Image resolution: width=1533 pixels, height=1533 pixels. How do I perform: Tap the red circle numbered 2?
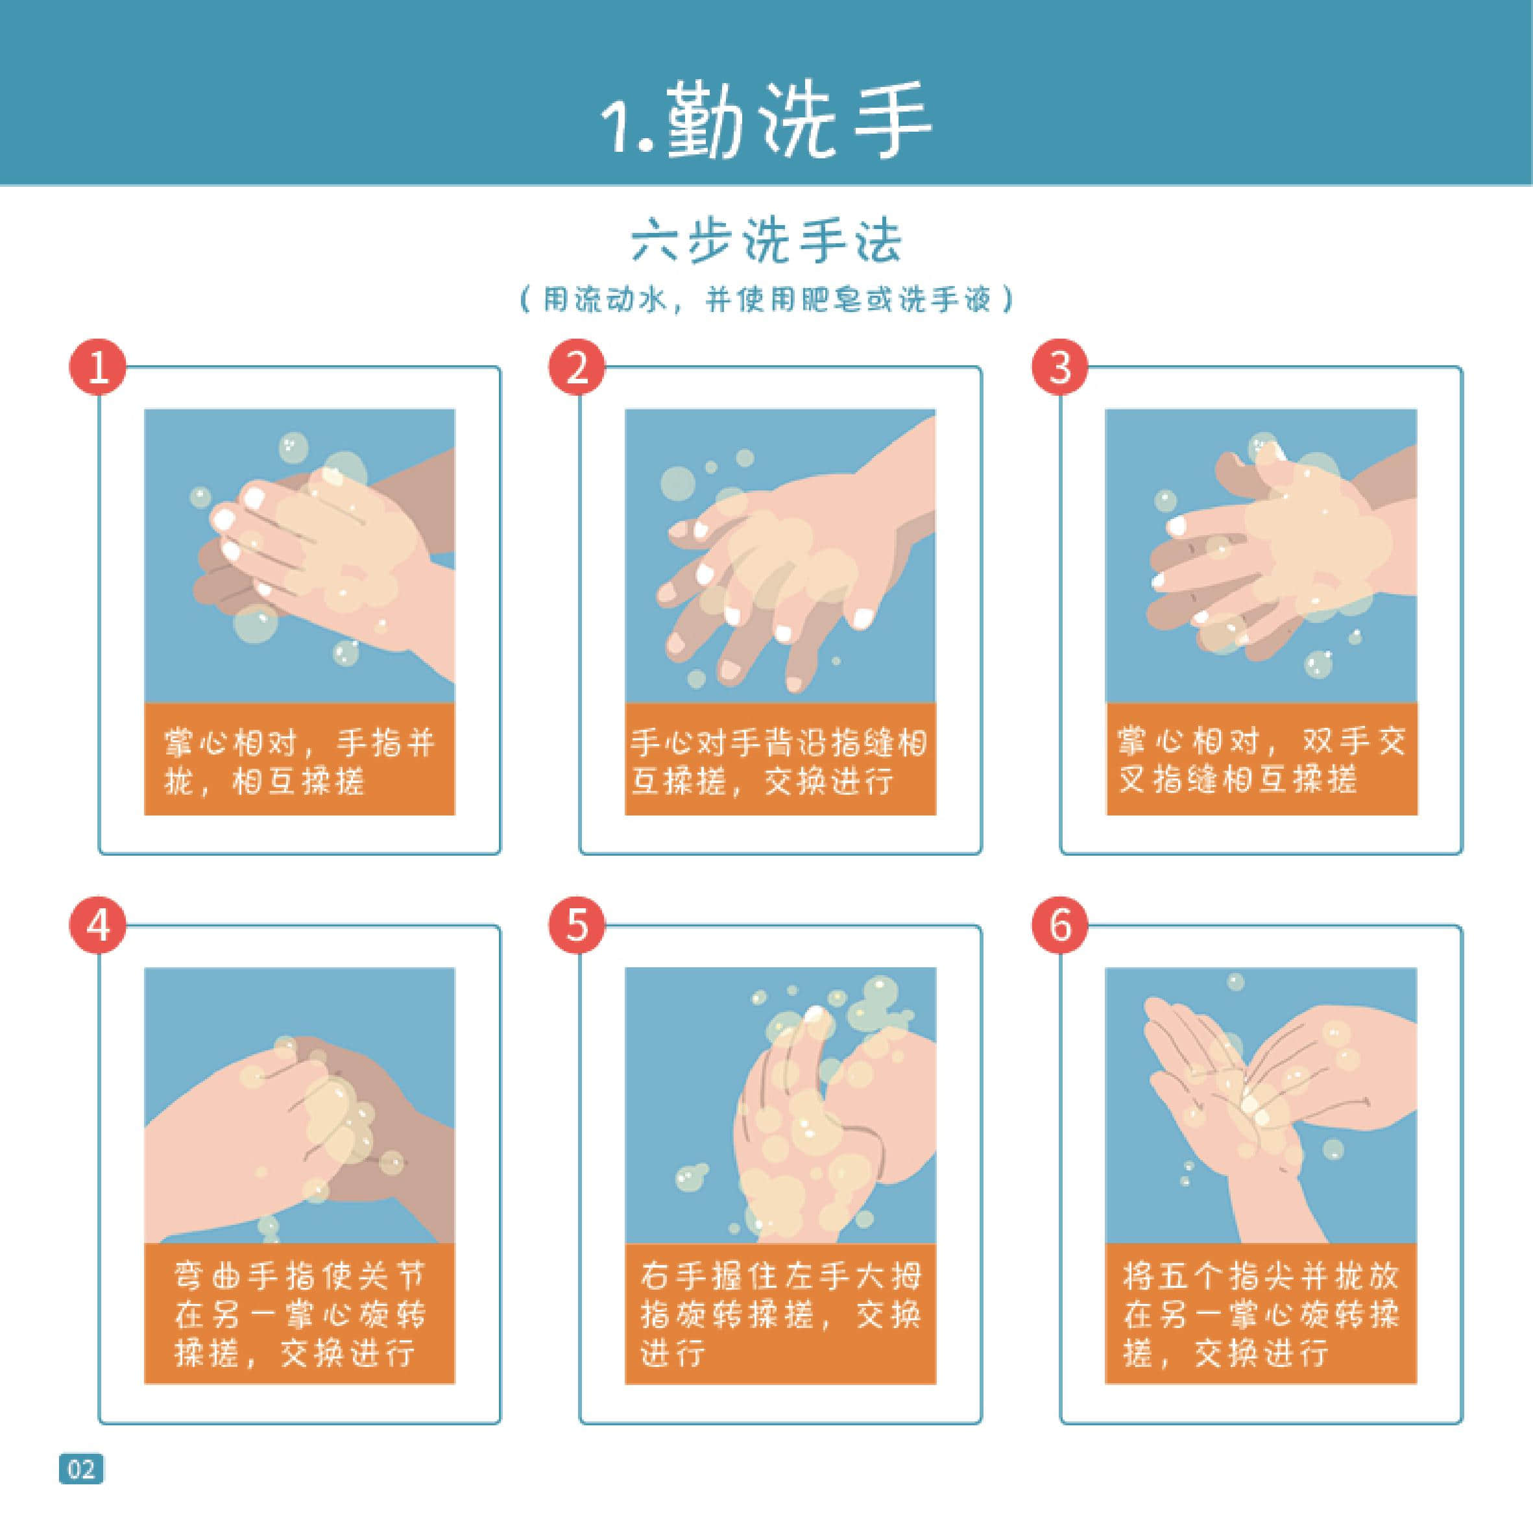(x=577, y=367)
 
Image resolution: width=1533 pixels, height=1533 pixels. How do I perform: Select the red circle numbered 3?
(x=1059, y=367)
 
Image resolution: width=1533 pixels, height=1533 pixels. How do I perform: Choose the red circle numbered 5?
(x=577, y=925)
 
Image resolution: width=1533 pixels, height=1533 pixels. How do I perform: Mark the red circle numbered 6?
(x=1059, y=925)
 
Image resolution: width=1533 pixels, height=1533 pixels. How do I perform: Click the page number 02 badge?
(x=81, y=1469)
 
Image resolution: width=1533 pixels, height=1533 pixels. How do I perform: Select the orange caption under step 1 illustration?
(x=299, y=759)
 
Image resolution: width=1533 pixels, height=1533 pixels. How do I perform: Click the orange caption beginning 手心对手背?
(x=780, y=759)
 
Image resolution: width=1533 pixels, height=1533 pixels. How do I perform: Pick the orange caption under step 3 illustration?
(x=1261, y=759)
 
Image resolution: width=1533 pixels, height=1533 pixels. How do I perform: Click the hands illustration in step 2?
(x=780, y=555)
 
